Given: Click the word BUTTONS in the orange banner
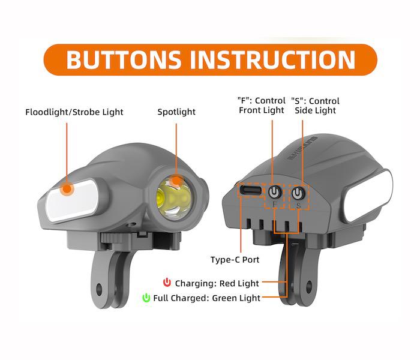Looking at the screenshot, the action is click(x=124, y=59).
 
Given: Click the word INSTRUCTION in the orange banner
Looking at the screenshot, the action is click(x=272, y=59).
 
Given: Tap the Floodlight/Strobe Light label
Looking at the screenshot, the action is click(x=74, y=112).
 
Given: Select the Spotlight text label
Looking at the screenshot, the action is click(x=176, y=112).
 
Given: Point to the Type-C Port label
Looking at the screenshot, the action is click(x=235, y=260).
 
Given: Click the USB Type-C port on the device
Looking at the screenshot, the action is click(x=251, y=190).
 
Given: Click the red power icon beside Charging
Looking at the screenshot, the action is click(x=167, y=283).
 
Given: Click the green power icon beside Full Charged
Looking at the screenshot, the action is click(x=146, y=298).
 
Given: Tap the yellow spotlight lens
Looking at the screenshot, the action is click(x=173, y=197).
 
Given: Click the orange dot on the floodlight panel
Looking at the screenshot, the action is click(x=67, y=189).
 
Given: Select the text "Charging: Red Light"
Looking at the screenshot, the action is click(x=217, y=283).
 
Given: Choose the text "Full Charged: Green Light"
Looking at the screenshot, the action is click(x=206, y=298).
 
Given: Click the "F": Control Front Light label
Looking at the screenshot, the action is click(x=262, y=105).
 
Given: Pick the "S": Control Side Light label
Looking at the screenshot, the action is click(x=315, y=106).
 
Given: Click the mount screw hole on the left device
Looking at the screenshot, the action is click(x=99, y=290).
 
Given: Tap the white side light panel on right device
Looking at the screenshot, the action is click(x=368, y=196).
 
